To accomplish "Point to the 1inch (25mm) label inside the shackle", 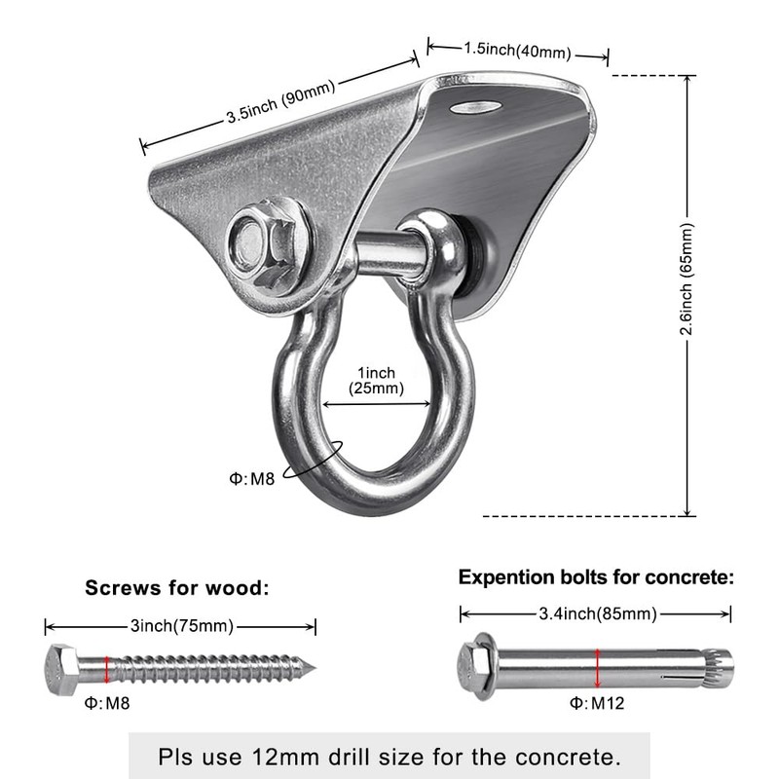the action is (x=376, y=380).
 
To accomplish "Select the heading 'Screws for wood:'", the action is (x=176, y=587).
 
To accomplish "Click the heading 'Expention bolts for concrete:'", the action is (x=596, y=577).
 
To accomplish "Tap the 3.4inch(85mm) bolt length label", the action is (x=596, y=613).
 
